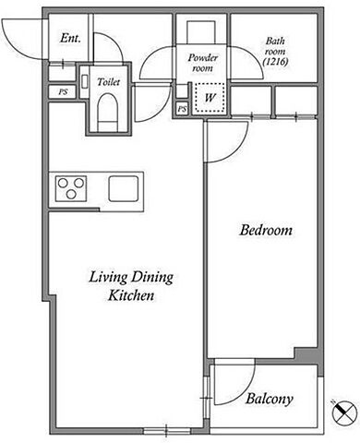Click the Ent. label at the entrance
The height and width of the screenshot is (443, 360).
70,38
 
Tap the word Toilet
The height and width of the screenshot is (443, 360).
108,82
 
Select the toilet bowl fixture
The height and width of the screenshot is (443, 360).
108,113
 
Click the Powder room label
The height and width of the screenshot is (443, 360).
203,63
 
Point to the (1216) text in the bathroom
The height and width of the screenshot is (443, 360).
276,62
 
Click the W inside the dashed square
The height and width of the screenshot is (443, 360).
210,98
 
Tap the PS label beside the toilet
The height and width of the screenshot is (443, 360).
63,91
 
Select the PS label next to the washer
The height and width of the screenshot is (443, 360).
182,109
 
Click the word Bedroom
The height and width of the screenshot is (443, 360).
266,230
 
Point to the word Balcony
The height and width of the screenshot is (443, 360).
270,399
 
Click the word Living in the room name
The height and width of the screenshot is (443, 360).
108,277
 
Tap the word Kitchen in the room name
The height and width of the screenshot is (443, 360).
131,295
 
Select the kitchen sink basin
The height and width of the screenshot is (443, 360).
123,188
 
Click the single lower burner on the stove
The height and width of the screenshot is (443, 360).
71,194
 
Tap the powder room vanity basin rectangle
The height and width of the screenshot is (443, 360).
202,32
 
